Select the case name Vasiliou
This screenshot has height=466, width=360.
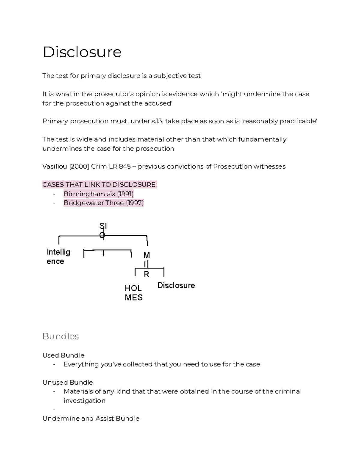tap(55, 167)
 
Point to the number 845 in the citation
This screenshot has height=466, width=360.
tap(125, 167)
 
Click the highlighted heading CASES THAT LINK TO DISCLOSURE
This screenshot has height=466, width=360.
tap(100, 185)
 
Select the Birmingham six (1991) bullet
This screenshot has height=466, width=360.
tap(98, 194)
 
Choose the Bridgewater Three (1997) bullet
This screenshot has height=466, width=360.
tap(103, 203)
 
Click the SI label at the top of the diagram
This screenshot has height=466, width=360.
tap(103, 226)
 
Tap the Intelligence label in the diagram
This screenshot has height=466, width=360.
tap(58, 257)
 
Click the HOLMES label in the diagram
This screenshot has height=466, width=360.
tap(133, 293)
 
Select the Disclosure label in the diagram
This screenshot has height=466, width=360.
tap(176, 285)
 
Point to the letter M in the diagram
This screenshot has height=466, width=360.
tap(146, 255)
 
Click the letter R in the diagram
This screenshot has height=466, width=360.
tap(146, 274)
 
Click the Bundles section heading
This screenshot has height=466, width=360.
tap(61, 336)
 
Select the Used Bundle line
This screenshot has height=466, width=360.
tap(63, 355)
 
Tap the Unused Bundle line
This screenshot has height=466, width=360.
tap(67, 383)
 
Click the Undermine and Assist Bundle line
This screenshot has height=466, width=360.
tap(91, 419)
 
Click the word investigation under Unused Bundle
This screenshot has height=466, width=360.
tap(84, 401)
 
